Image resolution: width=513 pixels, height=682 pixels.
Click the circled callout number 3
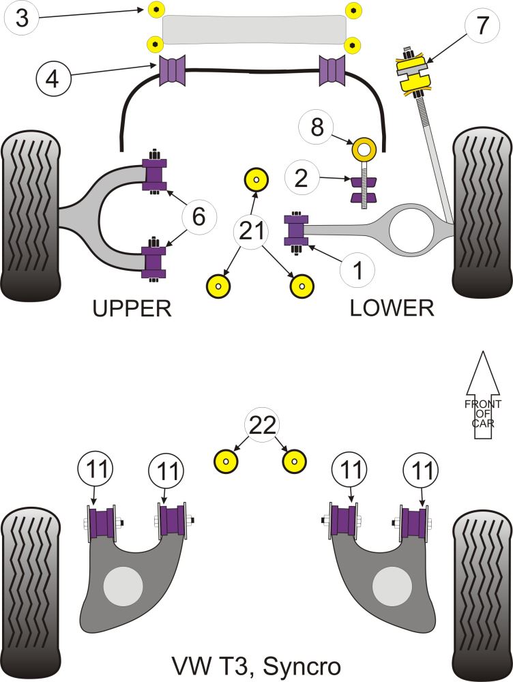pyautogui.click(x=23, y=18)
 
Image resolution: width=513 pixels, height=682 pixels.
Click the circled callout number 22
pyautogui.click(x=263, y=426)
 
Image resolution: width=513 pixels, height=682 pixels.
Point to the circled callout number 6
pyautogui.click(x=199, y=217)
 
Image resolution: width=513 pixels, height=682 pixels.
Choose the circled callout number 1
pyautogui.click(x=357, y=271)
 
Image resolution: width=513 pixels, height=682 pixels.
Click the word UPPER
pyautogui.click(x=132, y=309)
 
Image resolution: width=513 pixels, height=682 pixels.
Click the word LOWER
pyautogui.click(x=392, y=308)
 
